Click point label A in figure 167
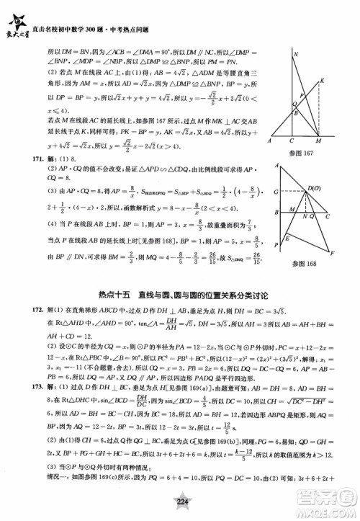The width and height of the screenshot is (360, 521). (x=269, y=141)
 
